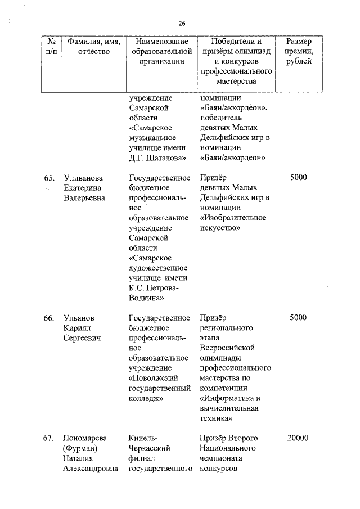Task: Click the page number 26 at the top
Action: [182, 23]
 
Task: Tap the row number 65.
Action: [49, 178]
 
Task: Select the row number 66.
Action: [49, 318]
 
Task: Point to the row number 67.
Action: [49, 438]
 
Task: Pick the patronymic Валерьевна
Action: [84, 198]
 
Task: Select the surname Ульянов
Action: [80, 318]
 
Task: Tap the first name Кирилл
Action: [77, 328]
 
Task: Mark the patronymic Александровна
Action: [91, 469]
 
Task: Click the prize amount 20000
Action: [298, 438]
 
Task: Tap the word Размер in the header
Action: [300, 42]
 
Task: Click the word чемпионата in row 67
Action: [221, 458]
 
